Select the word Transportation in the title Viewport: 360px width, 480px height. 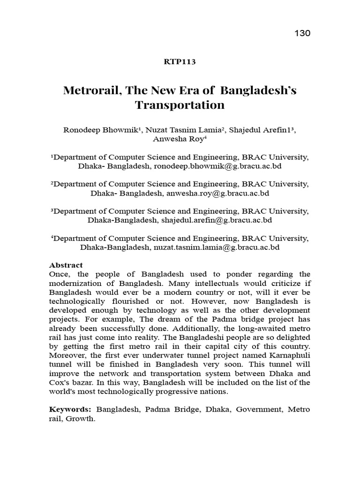pos(180,105)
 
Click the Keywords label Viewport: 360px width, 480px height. pos(71,409)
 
